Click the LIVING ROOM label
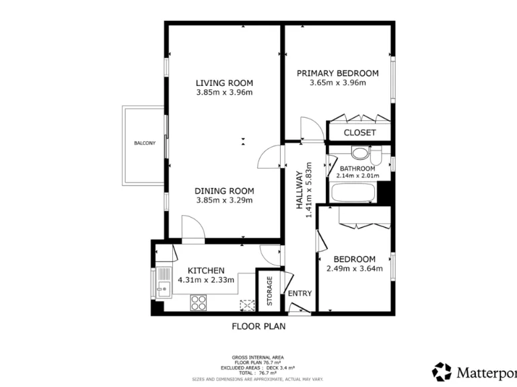(x=224, y=83)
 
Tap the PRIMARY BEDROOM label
(x=337, y=73)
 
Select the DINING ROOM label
(x=224, y=190)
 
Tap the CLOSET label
(x=359, y=132)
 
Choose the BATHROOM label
(x=357, y=168)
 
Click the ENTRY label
(x=300, y=294)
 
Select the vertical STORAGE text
(x=269, y=291)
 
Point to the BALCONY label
(x=144, y=143)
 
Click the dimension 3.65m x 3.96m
(x=337, y=83)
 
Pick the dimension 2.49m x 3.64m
(x=354, y=269)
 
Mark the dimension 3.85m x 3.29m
(x=224, y=200)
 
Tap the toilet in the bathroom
(x=361, y=153)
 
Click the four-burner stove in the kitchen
(x=199, y=303)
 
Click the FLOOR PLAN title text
(x=258, y=327)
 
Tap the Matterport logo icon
(x=442, y=371)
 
